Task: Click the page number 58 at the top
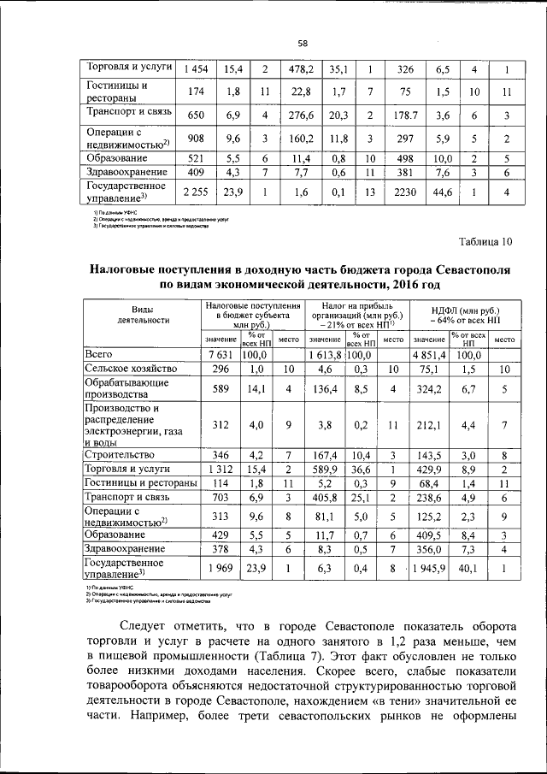[x=302, y=44]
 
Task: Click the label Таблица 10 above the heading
[x=484, y=242]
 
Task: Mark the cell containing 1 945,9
[x=431, y=569]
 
